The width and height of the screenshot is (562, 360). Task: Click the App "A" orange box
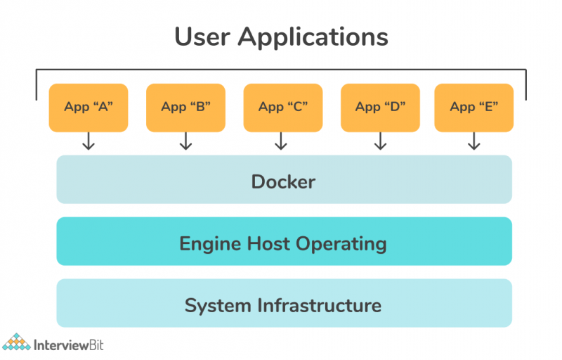(89, 108)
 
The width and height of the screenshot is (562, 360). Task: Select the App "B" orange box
(185, 108)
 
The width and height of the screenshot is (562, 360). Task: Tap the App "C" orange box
(283, 108)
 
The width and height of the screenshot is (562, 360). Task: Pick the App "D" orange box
(380, 108)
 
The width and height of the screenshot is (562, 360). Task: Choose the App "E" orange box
(474, 108)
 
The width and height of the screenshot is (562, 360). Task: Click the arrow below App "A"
(89, 142)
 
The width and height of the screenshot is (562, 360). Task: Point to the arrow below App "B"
(185, 142)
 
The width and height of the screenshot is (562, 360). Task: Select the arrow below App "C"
(281, 142)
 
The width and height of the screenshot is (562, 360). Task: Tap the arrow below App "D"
(380, 142)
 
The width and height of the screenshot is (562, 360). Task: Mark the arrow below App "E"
(474, 142)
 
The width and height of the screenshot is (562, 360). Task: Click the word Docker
(283, 182)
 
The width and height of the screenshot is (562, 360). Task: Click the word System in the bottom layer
(217, 306)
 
